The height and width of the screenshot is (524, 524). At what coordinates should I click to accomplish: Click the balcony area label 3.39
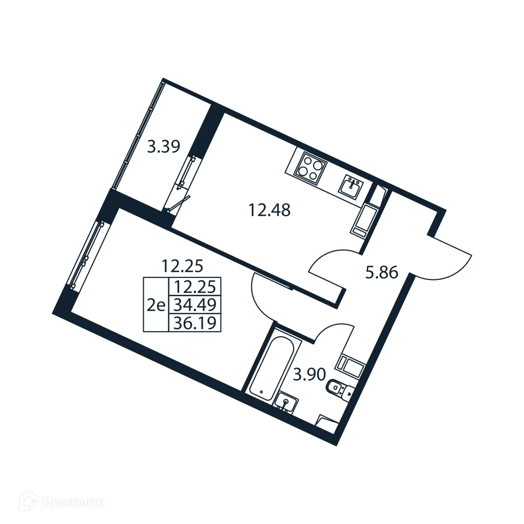163,147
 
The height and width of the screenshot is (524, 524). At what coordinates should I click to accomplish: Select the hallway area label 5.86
381,273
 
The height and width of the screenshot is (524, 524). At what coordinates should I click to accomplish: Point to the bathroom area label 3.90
309,375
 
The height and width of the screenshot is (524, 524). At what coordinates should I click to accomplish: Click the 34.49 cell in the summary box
194,305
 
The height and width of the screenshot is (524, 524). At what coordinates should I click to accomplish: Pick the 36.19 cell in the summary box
194,323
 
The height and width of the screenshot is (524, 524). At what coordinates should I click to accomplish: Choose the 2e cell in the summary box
156,305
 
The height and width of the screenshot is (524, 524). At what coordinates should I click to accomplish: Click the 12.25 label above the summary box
183,266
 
